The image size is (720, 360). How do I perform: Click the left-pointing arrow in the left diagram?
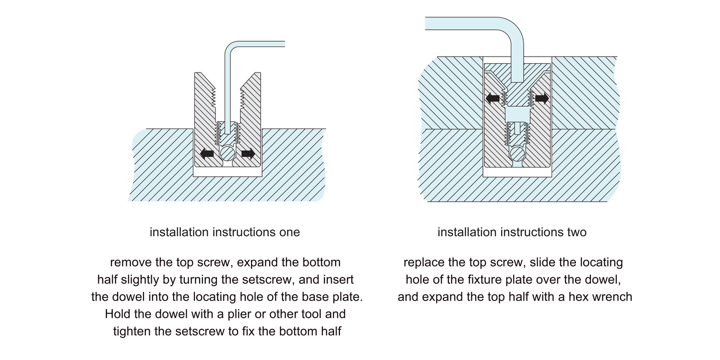pyautogui.click(x=207, y=154)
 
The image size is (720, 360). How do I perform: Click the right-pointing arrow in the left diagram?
pyautogui.click(x=248, y=154)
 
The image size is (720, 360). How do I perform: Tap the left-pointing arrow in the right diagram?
pyautogui.click(x=492, y=98)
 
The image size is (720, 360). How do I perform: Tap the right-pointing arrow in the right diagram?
pyautogui.click(x=542, y=98)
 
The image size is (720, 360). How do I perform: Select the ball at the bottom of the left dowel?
pyautogui.click(x=228, y=154)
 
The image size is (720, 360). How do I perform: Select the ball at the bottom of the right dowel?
pyautogui.click(x=517, y=154)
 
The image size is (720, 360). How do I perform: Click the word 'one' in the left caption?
pyautogui.click(x=288, y=232)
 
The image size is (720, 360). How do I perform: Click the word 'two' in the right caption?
pyautogui.click(x=576, y=232)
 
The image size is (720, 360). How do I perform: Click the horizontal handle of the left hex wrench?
pyautogui.click(x=259, y=44)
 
